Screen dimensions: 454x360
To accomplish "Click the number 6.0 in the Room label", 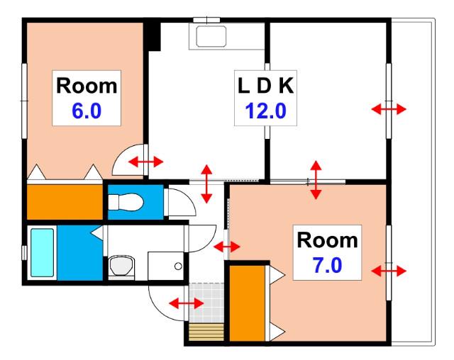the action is click(x=87, y=111).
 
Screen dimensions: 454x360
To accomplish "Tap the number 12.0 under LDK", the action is click(x=265, y=111).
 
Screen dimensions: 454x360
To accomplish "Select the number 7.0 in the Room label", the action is click(x=328, y=266).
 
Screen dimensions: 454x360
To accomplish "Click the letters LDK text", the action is click(x=265, y=86).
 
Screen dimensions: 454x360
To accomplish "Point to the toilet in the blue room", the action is click(x=126, y=202).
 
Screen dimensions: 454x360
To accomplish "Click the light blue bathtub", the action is click(x=43, y=253).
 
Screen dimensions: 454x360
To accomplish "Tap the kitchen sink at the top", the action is click(x=211, y=36).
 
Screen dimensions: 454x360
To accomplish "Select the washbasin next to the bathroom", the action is click(x=121, y=266).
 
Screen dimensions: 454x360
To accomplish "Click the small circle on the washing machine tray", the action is click(x=178, y=266).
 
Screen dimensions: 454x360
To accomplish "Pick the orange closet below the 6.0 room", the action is click(x=65, y=202).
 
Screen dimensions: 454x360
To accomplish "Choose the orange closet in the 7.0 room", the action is click(x=248, y=303).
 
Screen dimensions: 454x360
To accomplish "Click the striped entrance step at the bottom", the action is click(x=206, y=332).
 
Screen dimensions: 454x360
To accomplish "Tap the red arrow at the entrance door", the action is click(x=187, y=303).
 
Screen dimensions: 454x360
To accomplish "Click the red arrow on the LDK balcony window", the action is click(x=389, y=109).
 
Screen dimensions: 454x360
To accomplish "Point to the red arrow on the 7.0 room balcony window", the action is click(x=389, y=271).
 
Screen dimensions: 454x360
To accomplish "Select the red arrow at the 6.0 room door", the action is click(x=146, y=162).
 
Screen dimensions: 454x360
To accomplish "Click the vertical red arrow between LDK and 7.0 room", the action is click(x=316, y=180).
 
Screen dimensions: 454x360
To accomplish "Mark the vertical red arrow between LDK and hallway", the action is click(x=206, y=184).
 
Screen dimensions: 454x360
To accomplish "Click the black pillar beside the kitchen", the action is click(x=153, y=37).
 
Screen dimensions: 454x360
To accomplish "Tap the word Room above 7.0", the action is click(x=328, y=240).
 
